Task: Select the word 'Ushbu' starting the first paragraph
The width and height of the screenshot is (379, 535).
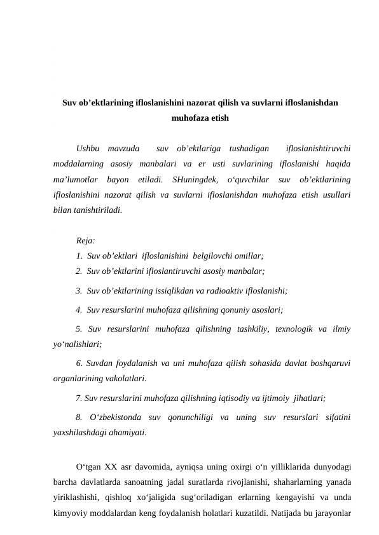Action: (87, 149)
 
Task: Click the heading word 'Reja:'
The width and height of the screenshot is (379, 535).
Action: (85, 241)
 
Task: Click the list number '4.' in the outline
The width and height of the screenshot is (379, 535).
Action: (78, 311)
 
